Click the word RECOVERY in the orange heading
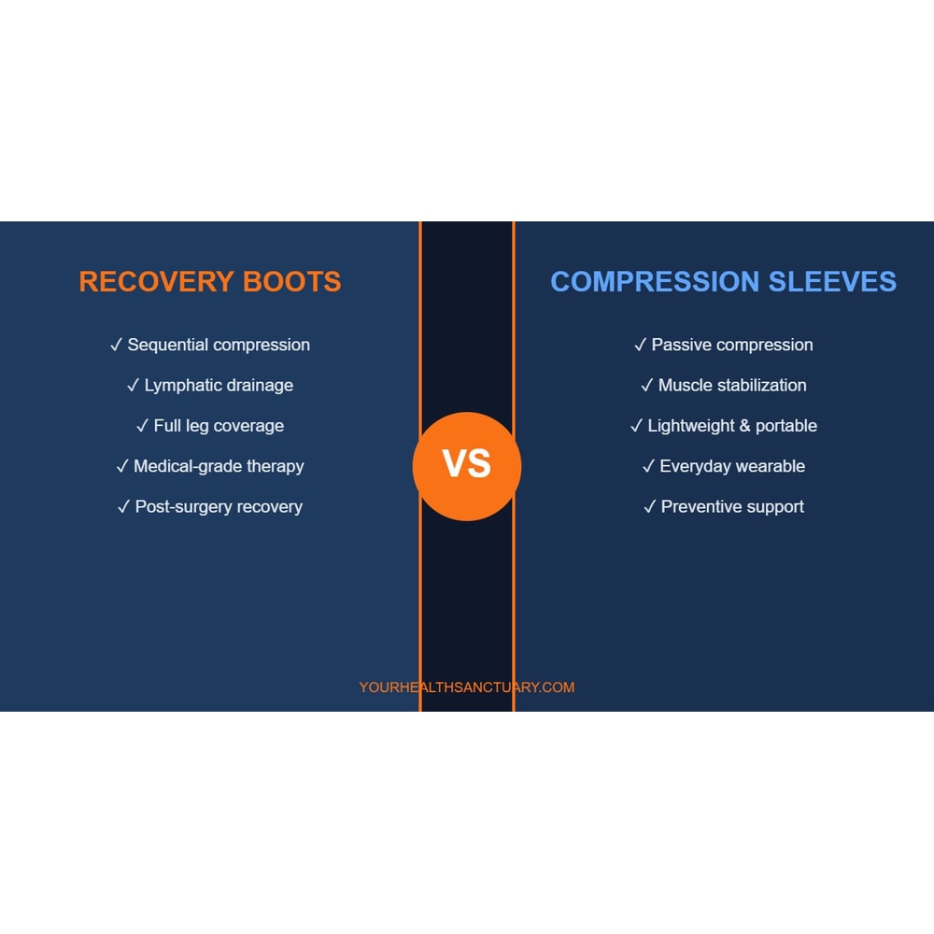(157, 282)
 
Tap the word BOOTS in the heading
(291, 282)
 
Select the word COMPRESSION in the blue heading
(655, 282)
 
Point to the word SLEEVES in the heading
(832, 282)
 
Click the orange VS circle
(467, 466)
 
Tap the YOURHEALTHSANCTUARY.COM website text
(467, 687)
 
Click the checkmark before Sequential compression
(116, 345)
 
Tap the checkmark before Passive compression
(641, 345)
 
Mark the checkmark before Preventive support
(650, 507)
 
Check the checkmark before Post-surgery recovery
(124, 507)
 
